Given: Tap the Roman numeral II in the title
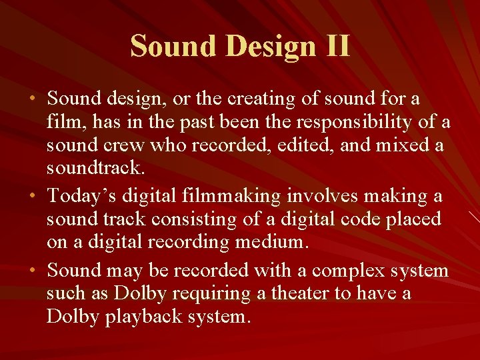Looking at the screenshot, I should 335,45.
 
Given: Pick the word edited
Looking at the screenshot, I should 304,146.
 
